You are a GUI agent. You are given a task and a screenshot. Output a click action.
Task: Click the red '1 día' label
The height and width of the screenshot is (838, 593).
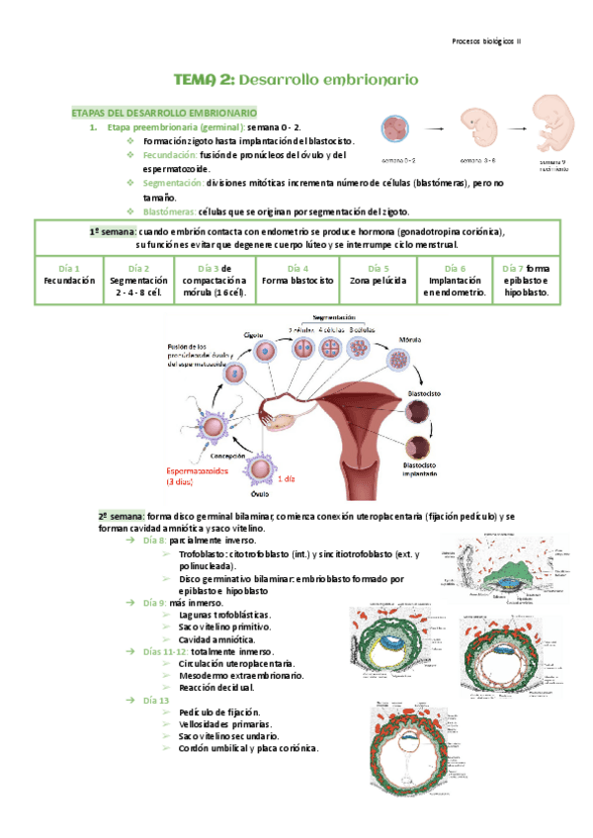click(286, 478)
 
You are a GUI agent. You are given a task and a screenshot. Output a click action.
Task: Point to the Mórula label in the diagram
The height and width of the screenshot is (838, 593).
click(409, 338)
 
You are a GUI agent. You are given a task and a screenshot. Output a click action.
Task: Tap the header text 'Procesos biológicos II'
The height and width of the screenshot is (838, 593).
click(492, 42)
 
